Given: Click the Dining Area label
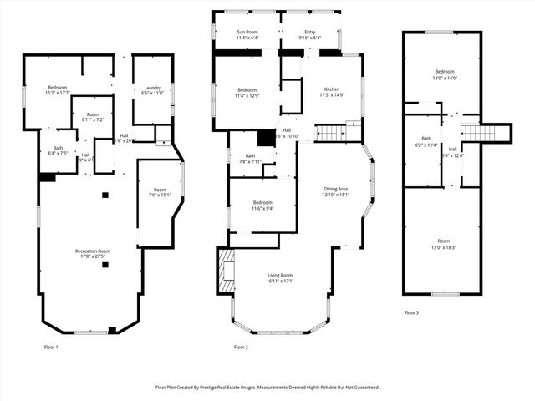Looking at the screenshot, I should tap(337, 191).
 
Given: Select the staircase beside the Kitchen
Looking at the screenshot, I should tap(331, 133).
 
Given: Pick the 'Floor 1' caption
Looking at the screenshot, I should tap(51, 346).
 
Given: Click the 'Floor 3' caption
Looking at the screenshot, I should tap(411, 312).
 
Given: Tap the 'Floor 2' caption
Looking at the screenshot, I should tap(241, 346).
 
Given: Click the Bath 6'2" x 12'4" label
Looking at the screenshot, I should tap(426, 142).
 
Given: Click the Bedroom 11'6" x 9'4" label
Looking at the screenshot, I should tap(262, 206).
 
